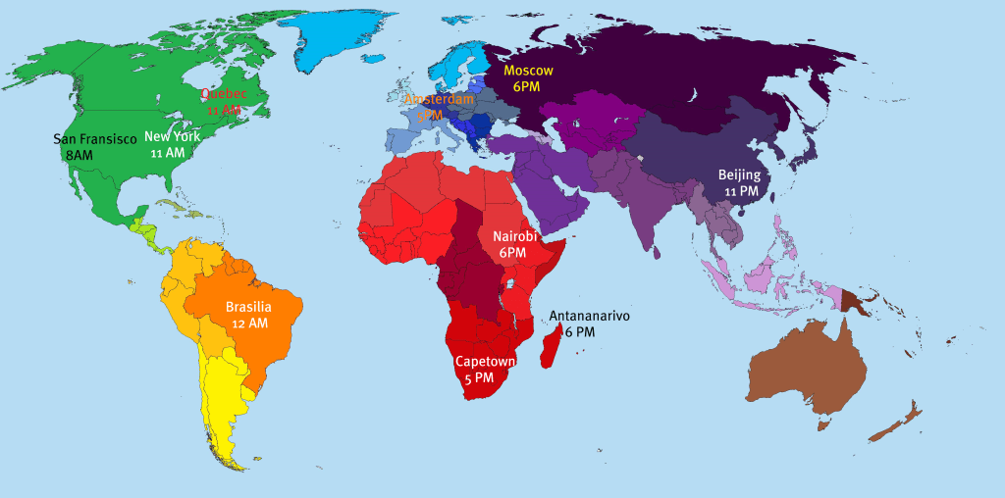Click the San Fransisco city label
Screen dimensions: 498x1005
click(x=95, y=139)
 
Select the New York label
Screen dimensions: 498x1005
click(x=172, y=137)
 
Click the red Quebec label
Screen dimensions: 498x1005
click(x=223, y=94)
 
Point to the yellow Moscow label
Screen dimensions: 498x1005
click(x=529, y=71)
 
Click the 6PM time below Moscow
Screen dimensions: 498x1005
click(x=527, y=86)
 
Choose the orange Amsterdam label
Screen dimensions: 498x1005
click(x=439, y=100)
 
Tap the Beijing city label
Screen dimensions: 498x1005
click(x=739, y=175)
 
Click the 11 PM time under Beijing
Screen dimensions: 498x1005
click(x=740, y=191)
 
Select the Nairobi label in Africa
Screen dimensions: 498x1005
click(x=513, y=237)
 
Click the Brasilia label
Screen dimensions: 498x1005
click(x=249, y=307)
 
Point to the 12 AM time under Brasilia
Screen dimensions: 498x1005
click(x=249, y=323)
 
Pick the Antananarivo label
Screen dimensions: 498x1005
click(x=589, y=316)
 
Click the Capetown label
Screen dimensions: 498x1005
click(x=485, y=361)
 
